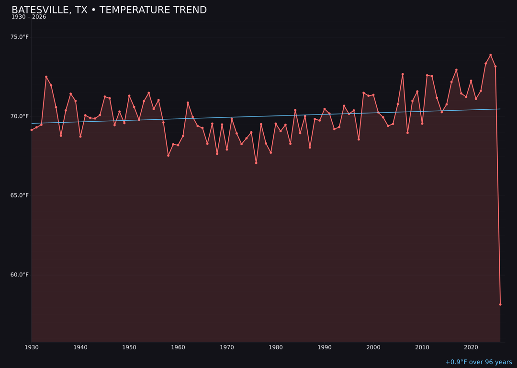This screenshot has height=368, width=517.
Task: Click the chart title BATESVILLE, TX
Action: point(109,10)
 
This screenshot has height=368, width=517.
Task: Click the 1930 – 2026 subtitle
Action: point(29,17)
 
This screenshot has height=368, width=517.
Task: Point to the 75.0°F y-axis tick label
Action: point(20,37)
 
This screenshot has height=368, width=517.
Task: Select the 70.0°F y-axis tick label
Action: point(20,116)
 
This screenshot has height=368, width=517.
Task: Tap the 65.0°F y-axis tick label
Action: point(20,195)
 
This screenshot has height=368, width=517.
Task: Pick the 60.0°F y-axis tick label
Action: point(20,275)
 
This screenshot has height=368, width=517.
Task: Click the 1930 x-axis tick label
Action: point(32,347)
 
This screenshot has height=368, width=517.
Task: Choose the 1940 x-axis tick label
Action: point(80,347)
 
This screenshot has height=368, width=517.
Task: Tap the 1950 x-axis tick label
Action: point(129,347)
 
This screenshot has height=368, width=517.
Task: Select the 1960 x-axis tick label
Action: point(178,347)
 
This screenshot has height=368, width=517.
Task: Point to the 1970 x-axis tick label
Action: point(227,347)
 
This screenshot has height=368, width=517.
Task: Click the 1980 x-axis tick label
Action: point(276,347)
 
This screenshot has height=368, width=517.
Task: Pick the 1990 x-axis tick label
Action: point(325,347)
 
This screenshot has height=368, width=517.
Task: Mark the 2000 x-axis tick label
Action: point(373,347)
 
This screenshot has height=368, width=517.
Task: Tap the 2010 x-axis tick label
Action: point(422,347)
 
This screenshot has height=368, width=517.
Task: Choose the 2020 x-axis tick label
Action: point(471,347)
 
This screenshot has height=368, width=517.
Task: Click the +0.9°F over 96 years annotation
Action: point(478,362)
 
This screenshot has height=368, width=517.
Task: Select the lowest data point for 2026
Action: point(500,304)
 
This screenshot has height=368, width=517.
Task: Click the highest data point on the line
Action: point(491,55)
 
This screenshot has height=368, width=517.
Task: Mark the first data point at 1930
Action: point(32,130)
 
